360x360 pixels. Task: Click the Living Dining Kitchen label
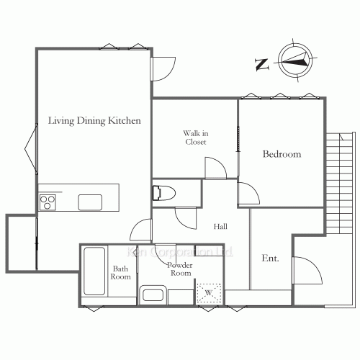[94, 120]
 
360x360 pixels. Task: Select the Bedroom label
[282, 154]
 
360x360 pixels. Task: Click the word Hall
[221, 227]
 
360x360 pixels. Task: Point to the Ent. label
[271, 258]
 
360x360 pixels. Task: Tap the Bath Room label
[120, 274]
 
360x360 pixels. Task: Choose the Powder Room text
[179, 269]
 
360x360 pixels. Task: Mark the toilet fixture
[161, 193]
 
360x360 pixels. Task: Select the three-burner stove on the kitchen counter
[48, 202]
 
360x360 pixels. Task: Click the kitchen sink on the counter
[90, 202]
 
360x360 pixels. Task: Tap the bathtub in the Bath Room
[95, 271]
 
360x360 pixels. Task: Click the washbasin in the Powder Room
[153, 294]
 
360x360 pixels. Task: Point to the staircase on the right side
[339, 184]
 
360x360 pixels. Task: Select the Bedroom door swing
[248, 193]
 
